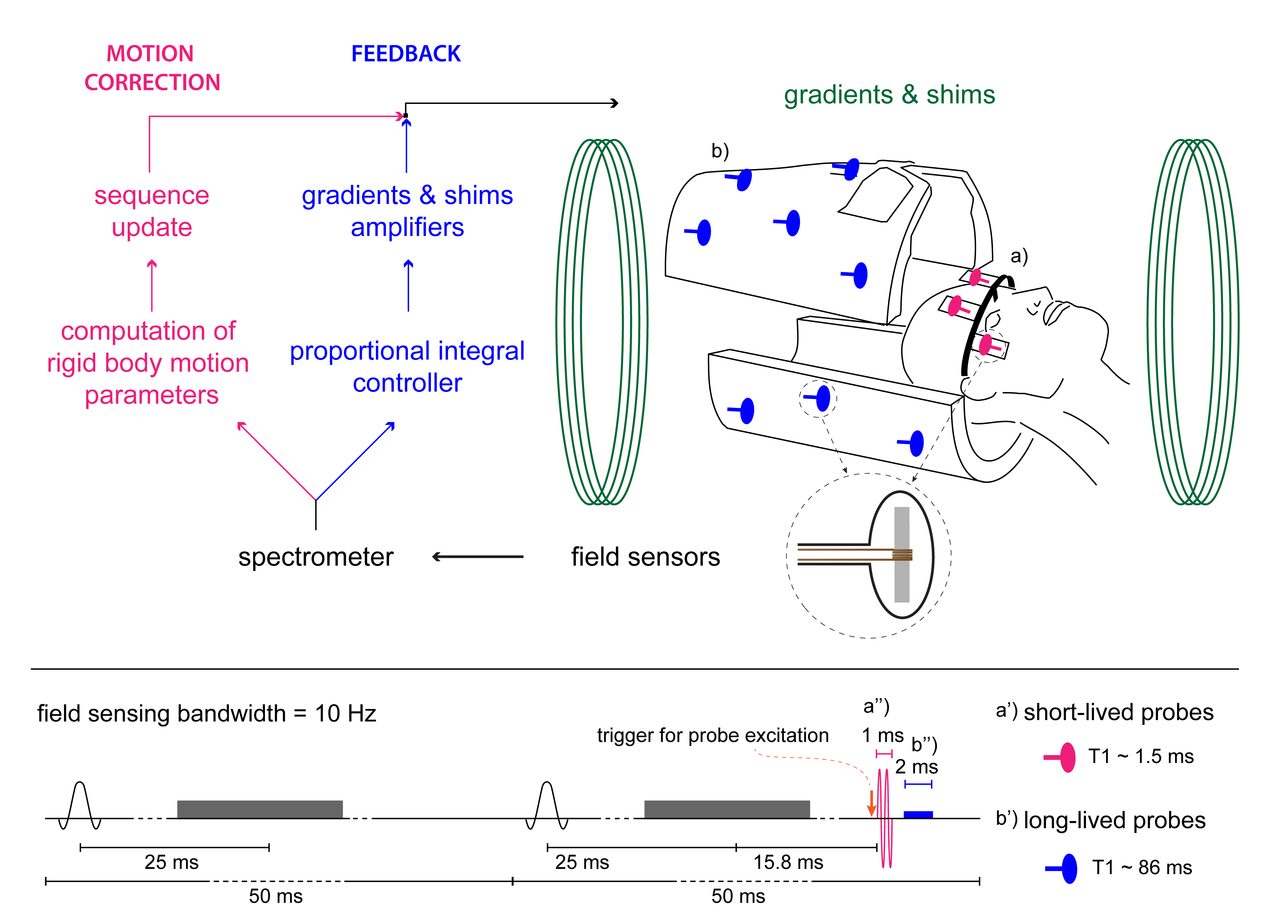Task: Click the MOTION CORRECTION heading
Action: [152, 68]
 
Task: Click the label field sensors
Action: [645, 557]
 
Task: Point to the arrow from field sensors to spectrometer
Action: [478, 557]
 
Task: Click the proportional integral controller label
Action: [407, 367]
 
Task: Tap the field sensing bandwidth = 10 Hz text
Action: [207, 714]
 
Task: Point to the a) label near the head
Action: [1019, 256]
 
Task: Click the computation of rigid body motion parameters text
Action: [148, 363]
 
